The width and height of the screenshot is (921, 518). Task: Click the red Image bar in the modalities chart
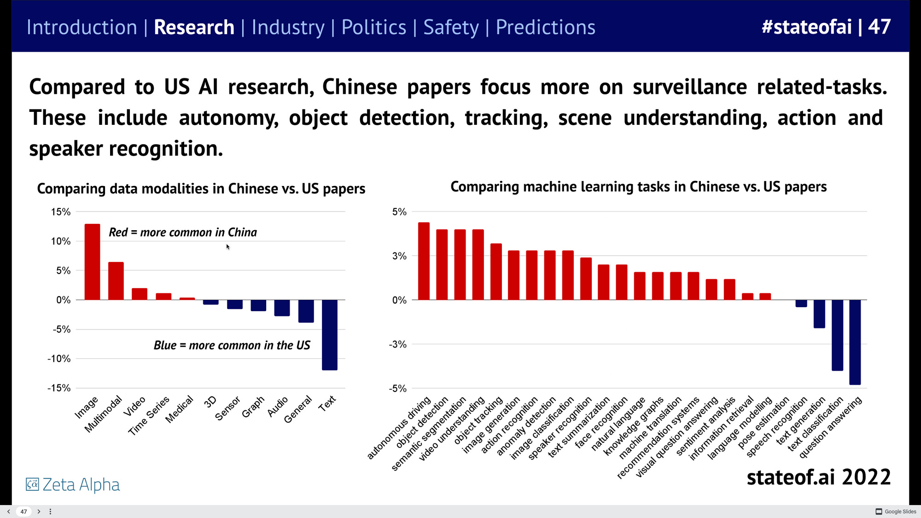tap(92, 262)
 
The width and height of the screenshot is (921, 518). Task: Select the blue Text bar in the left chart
tap(329, 335)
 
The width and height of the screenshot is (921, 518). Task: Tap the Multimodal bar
tap(116, 281)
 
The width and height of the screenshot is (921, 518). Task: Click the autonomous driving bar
tap(424, 261)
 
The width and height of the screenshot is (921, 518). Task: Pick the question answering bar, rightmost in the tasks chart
tap(855, 342)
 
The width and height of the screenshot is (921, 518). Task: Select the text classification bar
tap(837, 335)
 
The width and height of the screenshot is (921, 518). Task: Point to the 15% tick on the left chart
tap(61, 212)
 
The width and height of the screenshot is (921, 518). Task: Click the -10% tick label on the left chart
tap(59, 359)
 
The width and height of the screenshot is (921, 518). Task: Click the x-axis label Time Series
tap(149, 416)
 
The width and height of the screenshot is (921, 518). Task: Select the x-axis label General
tap(298, 409)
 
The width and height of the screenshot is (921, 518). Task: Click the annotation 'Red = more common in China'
tap(183, 233)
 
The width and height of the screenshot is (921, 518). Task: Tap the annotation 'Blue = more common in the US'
tap(232, 345)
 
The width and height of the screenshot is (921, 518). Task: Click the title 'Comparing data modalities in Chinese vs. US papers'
tap(201, 189)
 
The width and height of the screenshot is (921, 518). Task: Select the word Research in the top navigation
tap(194, 27)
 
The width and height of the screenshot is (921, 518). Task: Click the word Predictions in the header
tap(545, 27)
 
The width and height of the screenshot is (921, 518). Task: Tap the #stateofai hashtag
tap(806, 27)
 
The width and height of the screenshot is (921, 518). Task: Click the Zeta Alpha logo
tap(73, 484)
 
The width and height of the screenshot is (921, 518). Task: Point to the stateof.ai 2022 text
tap(818, 477)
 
